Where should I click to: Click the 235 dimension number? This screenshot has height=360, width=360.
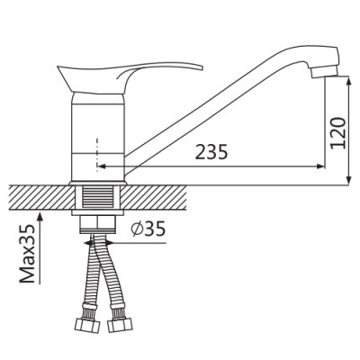point(211,152)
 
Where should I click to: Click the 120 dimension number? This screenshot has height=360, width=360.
point(337,132)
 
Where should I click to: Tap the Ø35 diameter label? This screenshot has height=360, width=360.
point(148,229)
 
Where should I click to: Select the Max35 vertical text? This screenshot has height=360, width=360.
point(27,253)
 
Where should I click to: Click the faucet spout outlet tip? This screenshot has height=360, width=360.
point(325,72)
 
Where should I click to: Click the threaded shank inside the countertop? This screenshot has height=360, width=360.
point(97,197)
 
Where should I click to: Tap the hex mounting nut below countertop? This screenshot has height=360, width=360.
point(97,224)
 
